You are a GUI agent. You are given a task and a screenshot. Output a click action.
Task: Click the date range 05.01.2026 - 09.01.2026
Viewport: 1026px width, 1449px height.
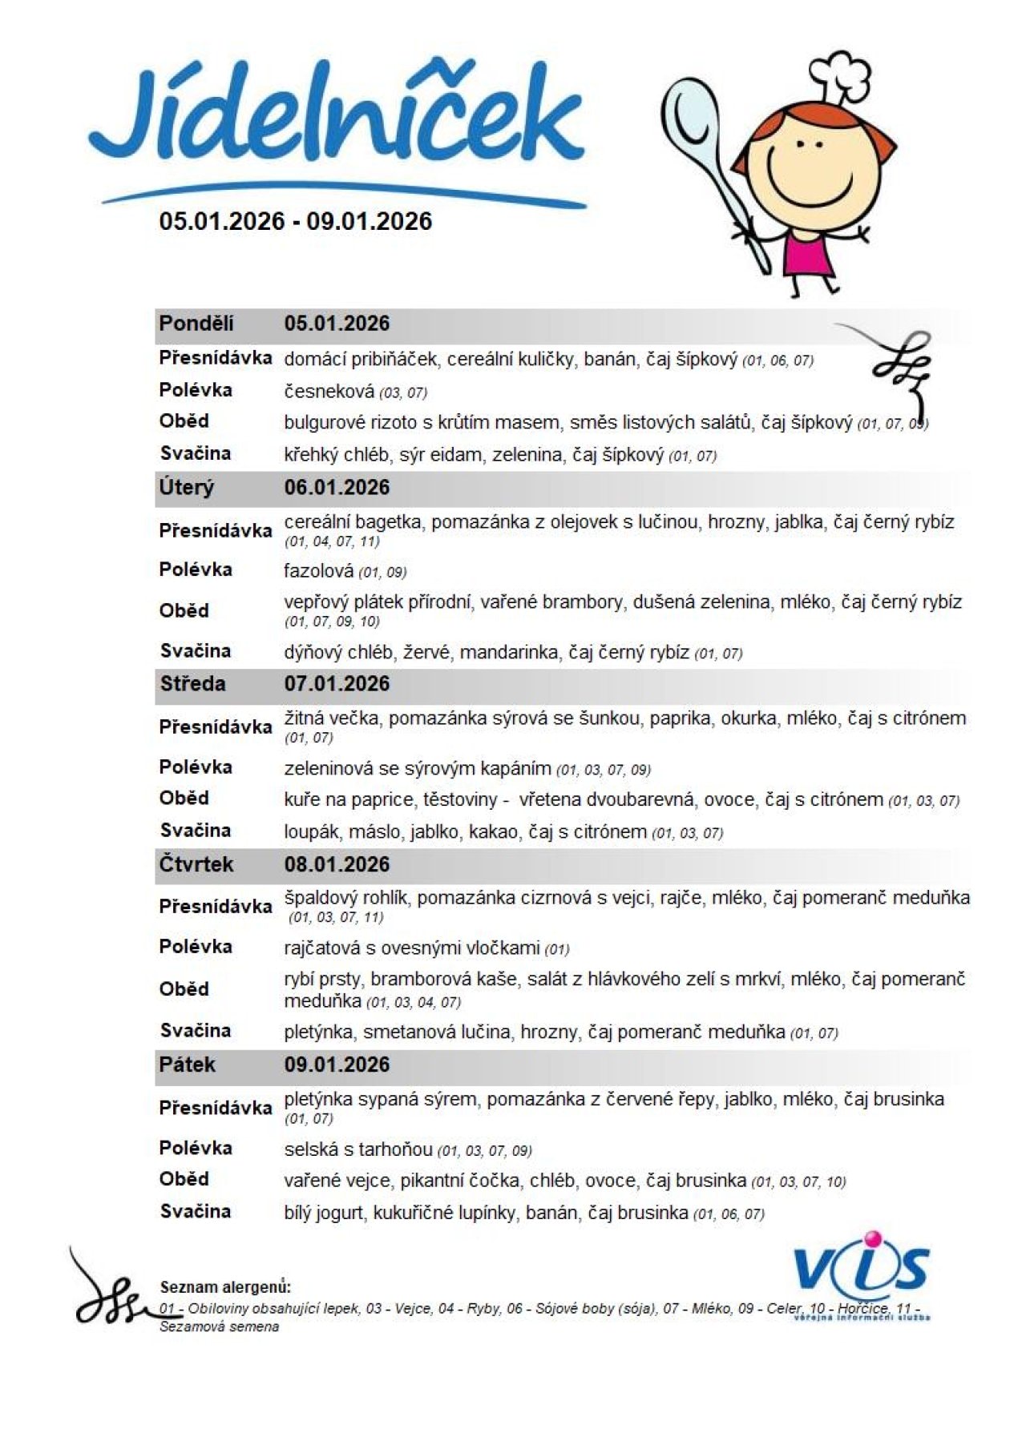(295, 221)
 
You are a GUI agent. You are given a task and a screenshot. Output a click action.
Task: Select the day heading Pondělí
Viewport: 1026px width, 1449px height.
(196, 324)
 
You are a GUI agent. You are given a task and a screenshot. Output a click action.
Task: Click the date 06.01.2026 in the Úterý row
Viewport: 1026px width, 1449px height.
(337, 487)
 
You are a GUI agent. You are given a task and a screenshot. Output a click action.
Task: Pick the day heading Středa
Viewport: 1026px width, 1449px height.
(192, 683)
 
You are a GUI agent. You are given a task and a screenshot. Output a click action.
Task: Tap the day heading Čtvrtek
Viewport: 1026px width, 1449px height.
(196, 864)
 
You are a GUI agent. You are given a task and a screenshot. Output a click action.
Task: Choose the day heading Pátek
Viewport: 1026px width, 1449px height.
(188, 1065)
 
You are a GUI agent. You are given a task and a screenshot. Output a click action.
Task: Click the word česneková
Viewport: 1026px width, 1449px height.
(329, 392)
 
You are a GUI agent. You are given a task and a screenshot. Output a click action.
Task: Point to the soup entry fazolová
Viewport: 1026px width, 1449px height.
(318, 571)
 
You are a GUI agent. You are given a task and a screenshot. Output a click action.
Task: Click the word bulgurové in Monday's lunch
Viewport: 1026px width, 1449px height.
(325, 423)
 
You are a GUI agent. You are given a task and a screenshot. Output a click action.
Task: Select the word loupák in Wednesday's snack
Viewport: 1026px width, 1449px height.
(310, 832)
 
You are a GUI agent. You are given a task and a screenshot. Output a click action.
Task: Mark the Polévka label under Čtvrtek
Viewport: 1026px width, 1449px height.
(196, 947)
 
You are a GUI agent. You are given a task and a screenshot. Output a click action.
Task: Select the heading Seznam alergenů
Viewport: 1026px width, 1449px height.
(225, 1287)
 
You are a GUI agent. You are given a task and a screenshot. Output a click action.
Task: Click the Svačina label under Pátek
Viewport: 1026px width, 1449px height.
(196, 1211)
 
